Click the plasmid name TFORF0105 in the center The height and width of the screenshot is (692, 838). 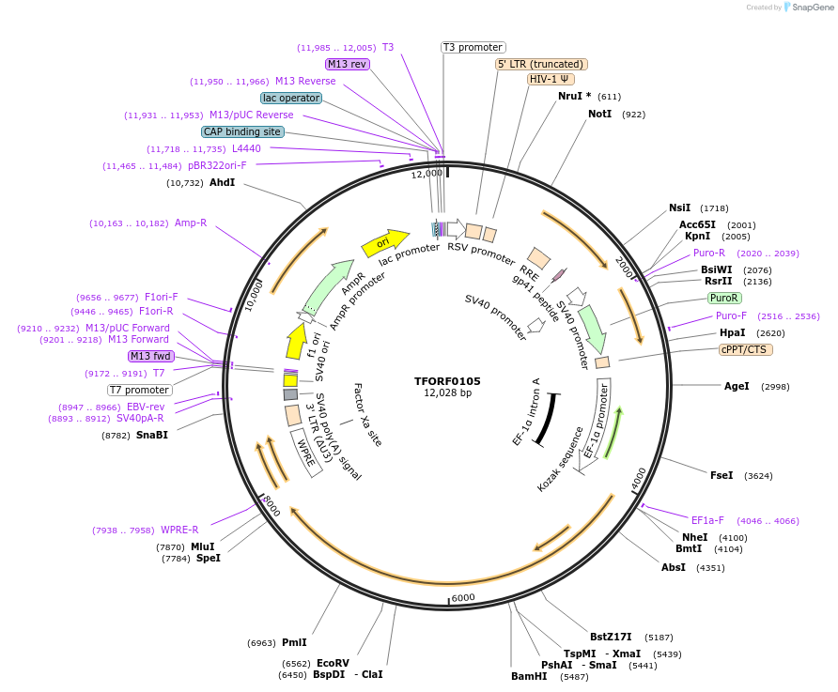tap(447, 381)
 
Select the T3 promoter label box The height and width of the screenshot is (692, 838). tap(473, 47)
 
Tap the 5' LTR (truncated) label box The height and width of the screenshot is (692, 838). tap(541, 64)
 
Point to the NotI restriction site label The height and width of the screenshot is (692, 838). tap(599, 114)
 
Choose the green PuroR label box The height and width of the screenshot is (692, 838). tap(724, 298)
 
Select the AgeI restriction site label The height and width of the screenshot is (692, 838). tap(737, 386)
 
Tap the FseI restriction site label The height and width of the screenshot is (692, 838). tap(722, 475)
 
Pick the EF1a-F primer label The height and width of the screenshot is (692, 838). tap(707, 519)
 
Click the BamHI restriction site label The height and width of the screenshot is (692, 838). tap(529, 676)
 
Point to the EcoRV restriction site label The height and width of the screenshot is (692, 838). tap(333, 663)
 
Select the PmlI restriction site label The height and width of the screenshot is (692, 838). tap(294, 642)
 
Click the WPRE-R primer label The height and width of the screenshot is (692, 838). tap(178, 530)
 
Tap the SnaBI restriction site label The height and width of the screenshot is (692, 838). tap(151, 435)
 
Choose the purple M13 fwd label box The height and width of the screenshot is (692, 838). tap(151, 356)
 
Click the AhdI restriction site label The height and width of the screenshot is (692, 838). tap(222, 182)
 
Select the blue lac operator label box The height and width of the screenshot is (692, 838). tap(291, 98)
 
